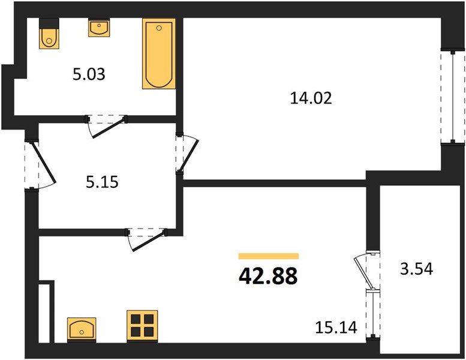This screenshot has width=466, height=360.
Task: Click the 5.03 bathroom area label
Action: point(89,74)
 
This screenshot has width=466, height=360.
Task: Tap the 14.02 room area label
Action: point(311,98)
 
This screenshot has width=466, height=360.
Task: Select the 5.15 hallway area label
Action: point(102,182)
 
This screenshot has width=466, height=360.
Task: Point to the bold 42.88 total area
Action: point(268,276)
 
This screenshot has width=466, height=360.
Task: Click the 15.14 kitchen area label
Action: point(336,328)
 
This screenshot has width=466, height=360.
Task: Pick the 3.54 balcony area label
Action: point(417,269)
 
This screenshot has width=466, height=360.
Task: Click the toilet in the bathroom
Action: point(49,33)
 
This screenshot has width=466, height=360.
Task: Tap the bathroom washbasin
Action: point(99,28)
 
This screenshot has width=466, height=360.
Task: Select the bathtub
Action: point(159,53)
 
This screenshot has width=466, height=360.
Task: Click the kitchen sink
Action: point(82,329)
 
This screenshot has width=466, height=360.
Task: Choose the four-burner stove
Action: point(142,326)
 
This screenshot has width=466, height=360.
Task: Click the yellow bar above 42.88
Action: point(269,256)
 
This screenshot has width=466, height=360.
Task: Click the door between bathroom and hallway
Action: point(107,128)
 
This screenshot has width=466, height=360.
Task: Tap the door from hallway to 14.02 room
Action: point(188,155)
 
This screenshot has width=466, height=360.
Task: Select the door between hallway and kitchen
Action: point(148,241)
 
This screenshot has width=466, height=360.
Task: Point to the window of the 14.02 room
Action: point(453,97)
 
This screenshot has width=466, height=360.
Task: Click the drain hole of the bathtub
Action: point(159,28)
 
